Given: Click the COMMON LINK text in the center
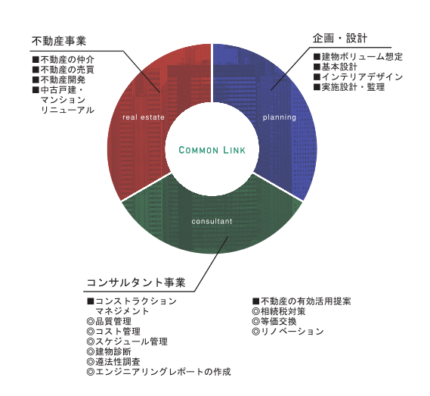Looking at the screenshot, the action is coord(212,150).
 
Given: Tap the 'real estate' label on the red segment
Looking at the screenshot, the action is coord(144,117).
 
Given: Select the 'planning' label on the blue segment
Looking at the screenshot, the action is coord(280,117).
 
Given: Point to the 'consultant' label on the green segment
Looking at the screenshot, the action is coord(212,221).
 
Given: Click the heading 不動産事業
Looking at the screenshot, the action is coord(59,41).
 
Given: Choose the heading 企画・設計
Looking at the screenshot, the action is coord(340,38).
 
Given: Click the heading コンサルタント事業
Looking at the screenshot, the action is coord(136,282).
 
